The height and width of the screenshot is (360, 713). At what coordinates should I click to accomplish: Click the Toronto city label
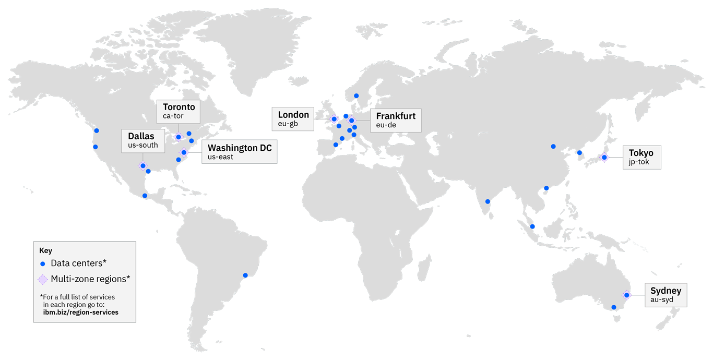[x=179, y=107]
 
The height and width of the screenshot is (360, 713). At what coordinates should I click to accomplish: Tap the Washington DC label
[x=240, y=148]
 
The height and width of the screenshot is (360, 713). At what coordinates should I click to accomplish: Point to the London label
[x=293, y=115]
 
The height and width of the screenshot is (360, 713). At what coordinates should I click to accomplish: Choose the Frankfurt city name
[x=396, y=116]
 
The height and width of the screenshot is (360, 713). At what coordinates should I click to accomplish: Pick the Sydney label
[x=666, y=291]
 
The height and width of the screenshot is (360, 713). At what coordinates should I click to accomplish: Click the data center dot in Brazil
[x=245, y=275]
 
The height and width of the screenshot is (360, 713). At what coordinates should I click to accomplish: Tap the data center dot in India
[x=488, y=201]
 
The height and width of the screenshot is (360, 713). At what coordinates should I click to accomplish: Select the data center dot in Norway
[x=356, y=95]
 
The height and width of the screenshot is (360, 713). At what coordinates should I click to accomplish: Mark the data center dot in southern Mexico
[x=145, y=196]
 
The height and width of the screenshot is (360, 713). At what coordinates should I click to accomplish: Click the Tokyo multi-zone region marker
[x=604, y=157]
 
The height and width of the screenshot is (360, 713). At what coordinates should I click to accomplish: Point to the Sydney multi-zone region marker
[x=626, y=295]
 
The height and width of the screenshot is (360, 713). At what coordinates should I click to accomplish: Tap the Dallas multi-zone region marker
[x=143, y=166]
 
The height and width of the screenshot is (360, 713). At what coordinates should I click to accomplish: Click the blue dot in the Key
[x=43, y=264]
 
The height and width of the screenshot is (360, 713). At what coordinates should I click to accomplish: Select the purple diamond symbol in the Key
[x=43, y=279]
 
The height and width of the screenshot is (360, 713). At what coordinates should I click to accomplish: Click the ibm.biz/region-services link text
[x=80, y=312]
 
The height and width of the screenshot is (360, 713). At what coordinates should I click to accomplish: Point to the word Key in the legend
[x=45, y=250]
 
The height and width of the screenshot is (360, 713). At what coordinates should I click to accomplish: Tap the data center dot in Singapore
[x=532, y=226]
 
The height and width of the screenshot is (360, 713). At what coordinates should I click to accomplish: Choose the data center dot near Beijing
[x=553, y=146]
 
